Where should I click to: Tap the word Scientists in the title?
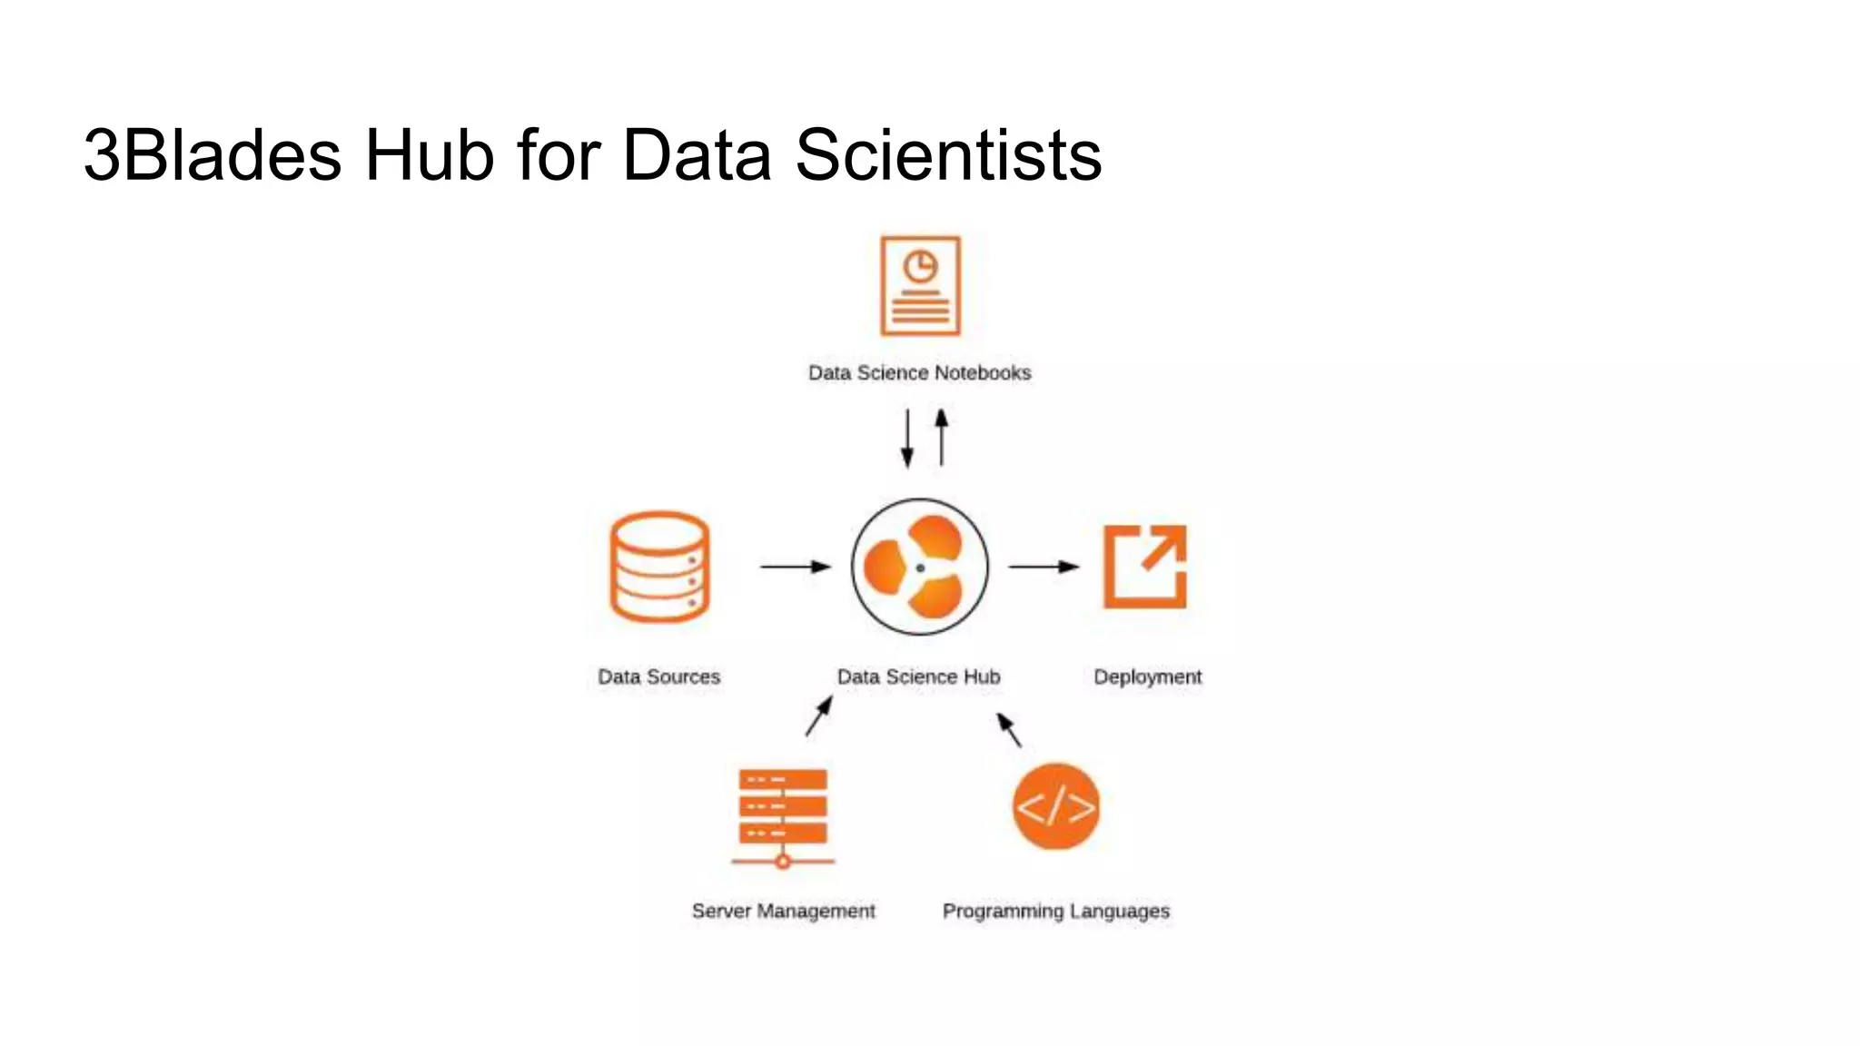pyautogui.click(x=948, y=155)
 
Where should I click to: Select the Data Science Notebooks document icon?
pyautogui.click(x=920, y=286)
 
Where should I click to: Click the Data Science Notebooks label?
pyautogui.click(x=919, y=373)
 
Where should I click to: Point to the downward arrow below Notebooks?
pyautogui.click(x=906, y=439)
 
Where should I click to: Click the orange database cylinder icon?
pyautogui.click(x=659, y=567)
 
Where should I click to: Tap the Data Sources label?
pyautogui.click(x=658, y=676)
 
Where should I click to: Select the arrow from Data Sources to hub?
pyautogui.click(x=796, y=567)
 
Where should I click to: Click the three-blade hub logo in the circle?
pyautogui.click(x=919, y=567)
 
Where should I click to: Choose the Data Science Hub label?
pyautogui.click(x=918, y=676)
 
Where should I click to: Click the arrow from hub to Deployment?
pyautogui.click(x=1044, y=567)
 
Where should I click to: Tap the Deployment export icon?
pyautogui.click(x=1144, y=567)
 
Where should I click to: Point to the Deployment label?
pyautogui.click(x=1147, y=676)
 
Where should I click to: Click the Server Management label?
pyautogui.click(x=783, y=911)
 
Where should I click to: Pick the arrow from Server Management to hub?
pyautogui.click(x=819, y=715)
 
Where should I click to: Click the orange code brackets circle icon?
pyautogui.click(x=1055, y=806)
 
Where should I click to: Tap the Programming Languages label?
pyautogui.click(x=1055, y=911)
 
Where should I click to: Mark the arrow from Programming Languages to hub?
pyautogui.click(x=1009, y=730)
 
